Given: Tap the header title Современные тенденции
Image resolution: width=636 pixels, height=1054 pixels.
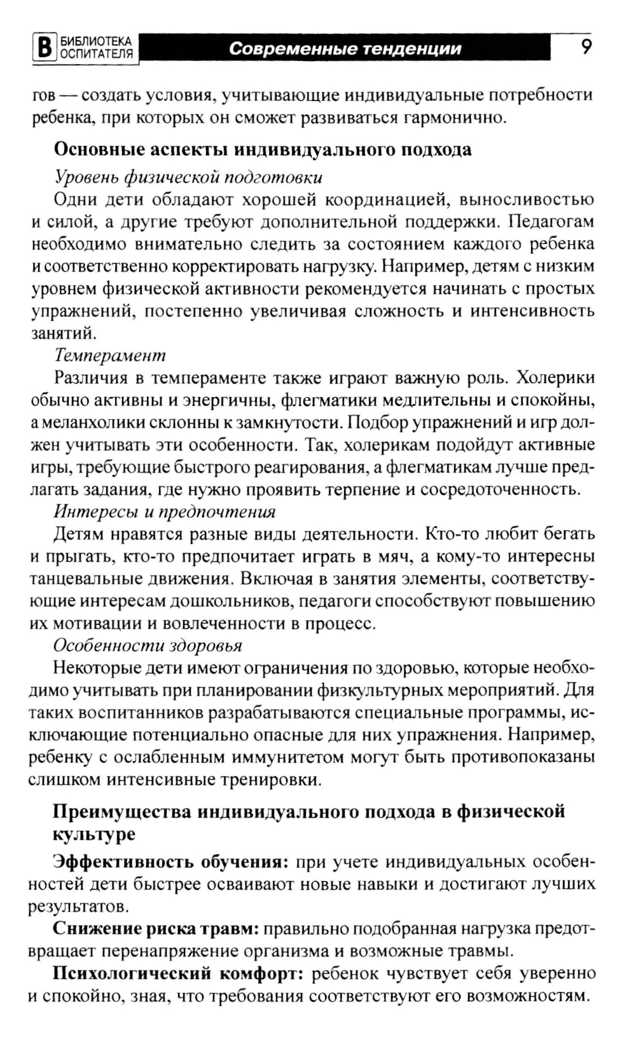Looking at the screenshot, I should click(345, 49).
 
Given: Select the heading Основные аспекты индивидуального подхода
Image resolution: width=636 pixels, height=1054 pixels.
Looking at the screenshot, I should click(263, 150).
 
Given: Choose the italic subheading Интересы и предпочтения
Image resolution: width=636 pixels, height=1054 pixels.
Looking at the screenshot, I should click(165, 511).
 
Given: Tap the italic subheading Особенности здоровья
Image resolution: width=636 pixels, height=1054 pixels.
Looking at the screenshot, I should click(148, 645).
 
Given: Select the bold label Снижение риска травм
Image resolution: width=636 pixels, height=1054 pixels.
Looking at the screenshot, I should click(156, 929).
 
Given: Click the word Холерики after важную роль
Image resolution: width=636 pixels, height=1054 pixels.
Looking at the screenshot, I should click(555, 377).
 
